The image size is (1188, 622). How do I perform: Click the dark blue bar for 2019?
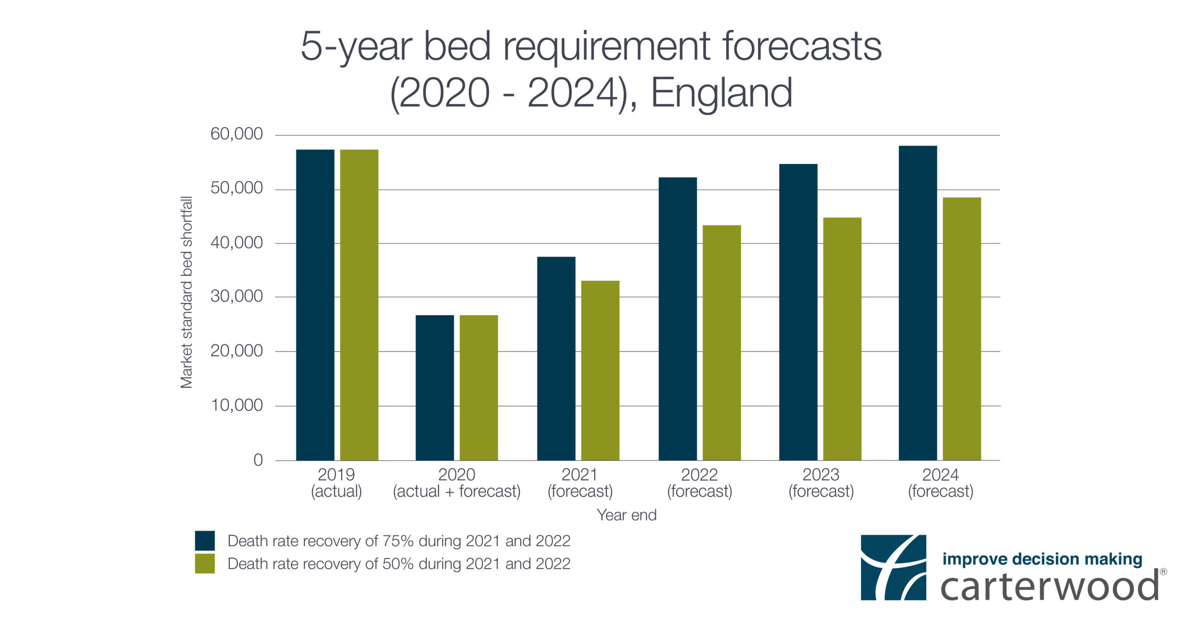pos(315,305)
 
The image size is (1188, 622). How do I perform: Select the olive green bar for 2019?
pos(359,305)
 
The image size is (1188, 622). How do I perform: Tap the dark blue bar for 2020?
pos(435,388)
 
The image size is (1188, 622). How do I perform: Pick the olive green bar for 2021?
pos(600,370)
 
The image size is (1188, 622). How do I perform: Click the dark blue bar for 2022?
pos(678,319)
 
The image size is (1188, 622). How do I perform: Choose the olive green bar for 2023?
pos(842,339)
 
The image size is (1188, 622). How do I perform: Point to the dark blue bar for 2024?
pos(918,303)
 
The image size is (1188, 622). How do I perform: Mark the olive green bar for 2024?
pos(962,329)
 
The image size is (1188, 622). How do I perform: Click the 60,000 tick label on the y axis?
pos(237,134)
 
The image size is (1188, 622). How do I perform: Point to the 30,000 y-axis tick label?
pos(237,296)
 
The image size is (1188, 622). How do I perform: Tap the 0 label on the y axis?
pos(258,460)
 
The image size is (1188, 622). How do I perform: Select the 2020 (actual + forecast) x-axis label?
pos(457,483)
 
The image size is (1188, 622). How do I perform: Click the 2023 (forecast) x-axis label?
pos(821,483)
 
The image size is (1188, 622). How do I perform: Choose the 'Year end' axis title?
pos(626,515)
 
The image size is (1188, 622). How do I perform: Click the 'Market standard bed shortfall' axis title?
pos(186,292)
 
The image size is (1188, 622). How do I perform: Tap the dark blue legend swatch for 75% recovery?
pos(205,540)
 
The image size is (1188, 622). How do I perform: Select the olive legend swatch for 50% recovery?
pos(205,564)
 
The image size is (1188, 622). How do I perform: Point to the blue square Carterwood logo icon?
pos(893,567)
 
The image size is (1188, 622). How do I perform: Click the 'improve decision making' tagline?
pos(1042,559)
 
